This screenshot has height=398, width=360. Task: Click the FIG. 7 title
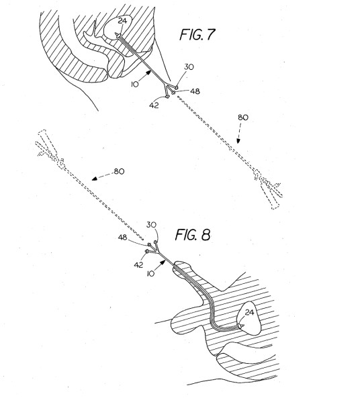tap(197, 34)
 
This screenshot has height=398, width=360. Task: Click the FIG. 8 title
tap(193, 234)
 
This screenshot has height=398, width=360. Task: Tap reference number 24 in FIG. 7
tap(122, 21)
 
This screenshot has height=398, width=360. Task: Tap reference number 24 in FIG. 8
tap(249, 313)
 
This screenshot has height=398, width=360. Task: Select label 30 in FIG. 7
tap(189, 67)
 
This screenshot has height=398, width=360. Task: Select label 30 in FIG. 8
tap(151, 225)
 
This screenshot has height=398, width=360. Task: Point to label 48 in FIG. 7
tap(195, 91)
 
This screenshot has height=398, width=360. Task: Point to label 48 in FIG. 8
tap(122, 238)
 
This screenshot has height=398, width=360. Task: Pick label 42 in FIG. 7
tap(154, 105)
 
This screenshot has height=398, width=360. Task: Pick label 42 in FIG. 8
tap(138, 265)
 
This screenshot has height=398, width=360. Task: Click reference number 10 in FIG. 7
tap(135, 85)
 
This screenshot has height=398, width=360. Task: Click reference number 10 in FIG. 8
tap(150, 274)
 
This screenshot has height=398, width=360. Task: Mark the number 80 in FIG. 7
tap(243, 117)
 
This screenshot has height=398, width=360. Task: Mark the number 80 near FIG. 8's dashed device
tap(119, 172)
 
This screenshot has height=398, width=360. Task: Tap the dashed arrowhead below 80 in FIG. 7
tap(238, 141)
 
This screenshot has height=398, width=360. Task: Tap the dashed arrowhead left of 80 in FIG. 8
tap(95, 179)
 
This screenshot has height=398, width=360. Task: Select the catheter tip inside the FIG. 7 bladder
tap(118, 36)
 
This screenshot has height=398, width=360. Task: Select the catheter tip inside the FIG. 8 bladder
tap(242, 326)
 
